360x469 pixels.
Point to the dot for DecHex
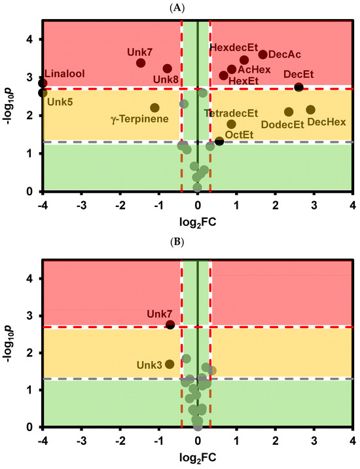tap(310, 109)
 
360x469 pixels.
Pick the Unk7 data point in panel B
tap(170, 324)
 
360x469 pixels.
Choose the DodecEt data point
tap(289, 111)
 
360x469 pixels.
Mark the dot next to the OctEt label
tap(219, 141)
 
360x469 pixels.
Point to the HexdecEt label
tap(234, 48)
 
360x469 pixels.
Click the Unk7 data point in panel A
tap(141, 63)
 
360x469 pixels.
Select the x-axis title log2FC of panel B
tap(197, 457)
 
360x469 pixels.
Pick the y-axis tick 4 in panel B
tap(30, 278)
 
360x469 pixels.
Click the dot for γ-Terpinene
tap(154, 107)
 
